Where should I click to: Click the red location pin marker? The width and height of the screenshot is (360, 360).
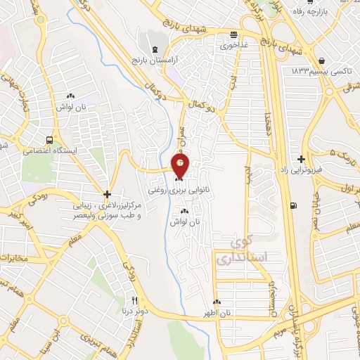(181, 167)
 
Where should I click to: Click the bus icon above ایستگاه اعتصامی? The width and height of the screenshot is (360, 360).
(49, 139)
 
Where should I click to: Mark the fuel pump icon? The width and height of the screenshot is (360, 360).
(292, 205)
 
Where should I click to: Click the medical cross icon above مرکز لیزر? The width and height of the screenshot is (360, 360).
(106, 194)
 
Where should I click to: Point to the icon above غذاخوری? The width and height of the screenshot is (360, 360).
(233, 35)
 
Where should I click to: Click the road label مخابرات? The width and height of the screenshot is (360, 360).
(15, 257)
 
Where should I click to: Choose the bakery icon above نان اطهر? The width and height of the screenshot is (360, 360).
(218, 301)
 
